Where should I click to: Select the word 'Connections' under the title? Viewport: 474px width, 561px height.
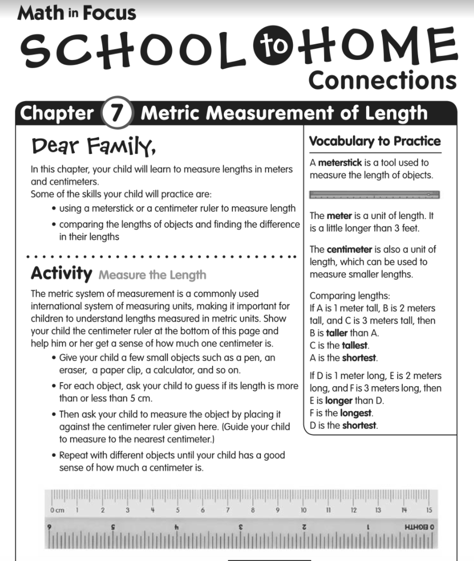382,80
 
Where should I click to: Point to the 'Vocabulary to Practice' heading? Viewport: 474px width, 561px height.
375,141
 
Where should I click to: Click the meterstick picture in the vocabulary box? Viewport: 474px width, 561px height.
374,195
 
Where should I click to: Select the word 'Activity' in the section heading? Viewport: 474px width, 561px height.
62,274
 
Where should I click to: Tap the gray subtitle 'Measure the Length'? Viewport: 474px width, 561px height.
152,275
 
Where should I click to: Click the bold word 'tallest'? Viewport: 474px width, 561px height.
354,346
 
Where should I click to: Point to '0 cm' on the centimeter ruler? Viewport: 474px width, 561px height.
57,510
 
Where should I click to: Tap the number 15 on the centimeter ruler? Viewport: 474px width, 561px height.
429,510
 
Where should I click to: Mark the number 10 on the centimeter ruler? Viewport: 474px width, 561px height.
304,510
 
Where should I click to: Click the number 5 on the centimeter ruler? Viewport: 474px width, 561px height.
178,510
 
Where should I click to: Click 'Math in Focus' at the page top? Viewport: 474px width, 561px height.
77,13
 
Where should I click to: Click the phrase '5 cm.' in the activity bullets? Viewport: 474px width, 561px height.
141,398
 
